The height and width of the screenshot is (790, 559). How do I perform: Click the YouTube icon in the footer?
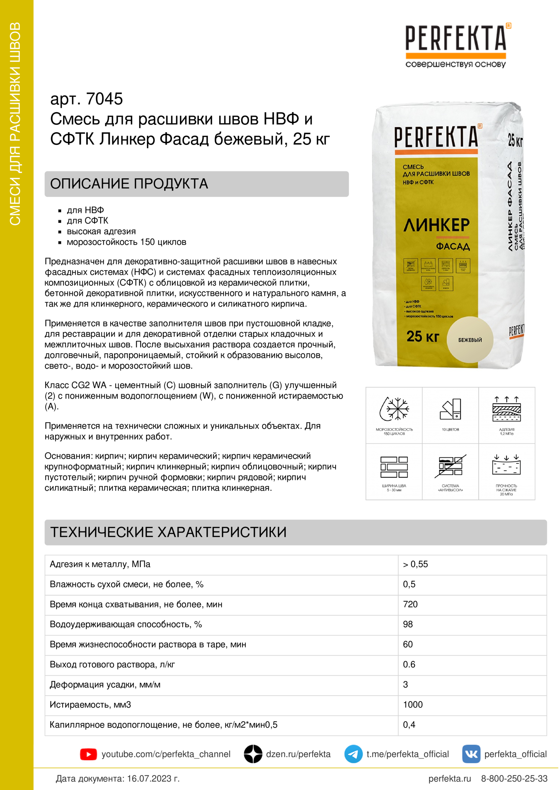coord(88,754)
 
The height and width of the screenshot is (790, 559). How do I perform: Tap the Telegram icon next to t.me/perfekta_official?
coord(353,754)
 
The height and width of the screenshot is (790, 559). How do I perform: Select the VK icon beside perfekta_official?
coord(471,754)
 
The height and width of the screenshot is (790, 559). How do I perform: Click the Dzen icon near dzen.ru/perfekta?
coord(253,754)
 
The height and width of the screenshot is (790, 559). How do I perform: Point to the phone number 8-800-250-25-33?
coord(514,779)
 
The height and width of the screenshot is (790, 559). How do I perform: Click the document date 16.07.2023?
coord(153,779)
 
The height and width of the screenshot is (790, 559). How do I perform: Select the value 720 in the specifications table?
coord(410,604)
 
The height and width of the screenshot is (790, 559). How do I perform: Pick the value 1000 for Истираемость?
coord(413,704)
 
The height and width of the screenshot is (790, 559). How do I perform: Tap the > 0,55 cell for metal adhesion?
coord(415,564)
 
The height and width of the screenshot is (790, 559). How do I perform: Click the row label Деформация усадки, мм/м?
coord(105,684)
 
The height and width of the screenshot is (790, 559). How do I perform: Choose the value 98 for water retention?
coord(408,624)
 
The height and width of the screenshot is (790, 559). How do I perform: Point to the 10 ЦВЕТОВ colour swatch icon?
coord(450,409)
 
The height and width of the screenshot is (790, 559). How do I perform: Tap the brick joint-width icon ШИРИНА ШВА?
coord(394,467)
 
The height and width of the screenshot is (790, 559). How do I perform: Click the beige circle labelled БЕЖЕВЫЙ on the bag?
coord(470,339)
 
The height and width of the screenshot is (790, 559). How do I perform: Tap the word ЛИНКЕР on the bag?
coord(436,225)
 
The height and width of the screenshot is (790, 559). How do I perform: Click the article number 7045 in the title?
coord(104,99)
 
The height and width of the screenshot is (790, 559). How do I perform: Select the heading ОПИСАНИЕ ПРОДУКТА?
coord(129,184)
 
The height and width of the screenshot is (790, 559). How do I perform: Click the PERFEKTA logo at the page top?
coord(456,39)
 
